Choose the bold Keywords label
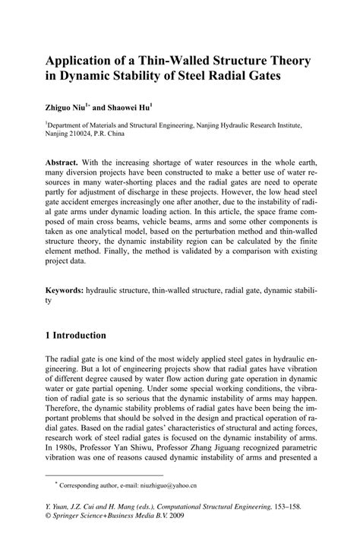tap(69, 290)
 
